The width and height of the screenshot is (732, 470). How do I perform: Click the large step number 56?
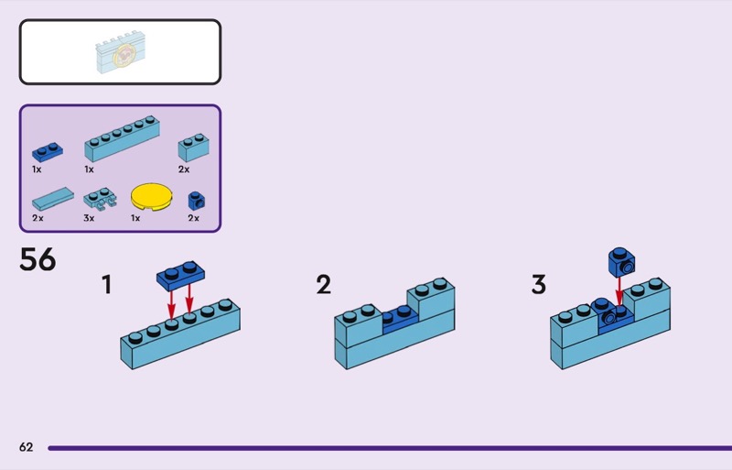click(38, 260)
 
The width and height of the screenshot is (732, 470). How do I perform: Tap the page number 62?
click(26, 447)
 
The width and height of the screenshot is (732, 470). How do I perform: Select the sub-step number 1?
click(107, 285)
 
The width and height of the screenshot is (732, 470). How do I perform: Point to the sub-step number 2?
click(323, 285)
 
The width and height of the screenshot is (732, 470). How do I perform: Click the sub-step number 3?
click(538, 285)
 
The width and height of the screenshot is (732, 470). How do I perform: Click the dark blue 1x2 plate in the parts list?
click(48, 152)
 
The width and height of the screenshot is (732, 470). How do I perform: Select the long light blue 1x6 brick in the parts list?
click(120, 143)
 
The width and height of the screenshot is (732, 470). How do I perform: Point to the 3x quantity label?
click(89, 218)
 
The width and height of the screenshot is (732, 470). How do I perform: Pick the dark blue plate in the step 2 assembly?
click(398, 317)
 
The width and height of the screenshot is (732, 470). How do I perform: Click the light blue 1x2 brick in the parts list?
click(193, 147)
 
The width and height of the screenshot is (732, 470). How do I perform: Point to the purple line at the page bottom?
click(384, 448)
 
